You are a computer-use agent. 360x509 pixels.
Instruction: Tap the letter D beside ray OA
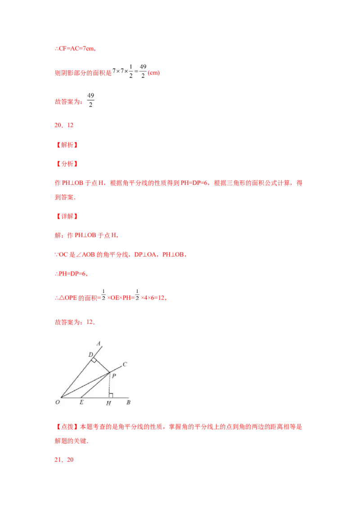coord(90,355)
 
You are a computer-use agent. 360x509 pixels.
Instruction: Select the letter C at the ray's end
coord(125,364)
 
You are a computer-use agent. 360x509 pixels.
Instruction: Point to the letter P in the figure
coord(114,376)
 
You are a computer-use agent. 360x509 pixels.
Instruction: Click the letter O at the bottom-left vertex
coord(58,403)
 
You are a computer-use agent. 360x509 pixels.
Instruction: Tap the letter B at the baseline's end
coord(128,403)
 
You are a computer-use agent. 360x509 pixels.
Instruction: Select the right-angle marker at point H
coord(111,395)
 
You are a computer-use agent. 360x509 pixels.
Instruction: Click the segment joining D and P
coord(102,366)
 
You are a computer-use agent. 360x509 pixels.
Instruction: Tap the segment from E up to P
coord(95,385)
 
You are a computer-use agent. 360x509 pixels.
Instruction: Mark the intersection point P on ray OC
coord(109,372)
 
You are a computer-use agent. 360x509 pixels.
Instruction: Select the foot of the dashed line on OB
coord(109,397)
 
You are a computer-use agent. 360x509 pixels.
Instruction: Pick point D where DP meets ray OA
coord(93,359)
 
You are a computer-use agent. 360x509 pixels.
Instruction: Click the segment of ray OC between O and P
coord(85,385)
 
